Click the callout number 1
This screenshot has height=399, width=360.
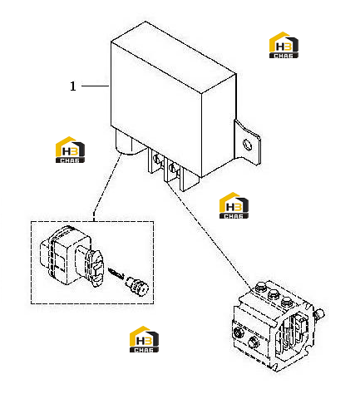(73, 86)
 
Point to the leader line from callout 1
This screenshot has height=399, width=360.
(96, 86)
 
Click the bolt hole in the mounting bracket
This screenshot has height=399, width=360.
(247, 145)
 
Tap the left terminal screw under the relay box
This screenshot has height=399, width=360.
(156, 159)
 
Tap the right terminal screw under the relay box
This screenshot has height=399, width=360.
(173, 167)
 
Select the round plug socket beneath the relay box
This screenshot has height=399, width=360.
(128, 143)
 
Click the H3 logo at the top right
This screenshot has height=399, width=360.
(284, 45)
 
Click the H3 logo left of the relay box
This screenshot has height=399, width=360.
(70, 150)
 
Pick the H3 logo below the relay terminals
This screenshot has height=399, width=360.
(234, 205)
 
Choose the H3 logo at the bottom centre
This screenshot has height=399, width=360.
(144, 339)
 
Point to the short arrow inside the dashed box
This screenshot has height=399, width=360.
(116, 273)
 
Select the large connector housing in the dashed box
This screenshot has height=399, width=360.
(72, 256)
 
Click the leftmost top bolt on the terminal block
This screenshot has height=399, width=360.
(260, 287)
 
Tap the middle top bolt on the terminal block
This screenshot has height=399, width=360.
(274, 293)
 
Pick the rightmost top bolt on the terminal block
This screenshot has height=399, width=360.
(286, 301)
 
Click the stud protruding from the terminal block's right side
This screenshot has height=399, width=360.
(319, 313)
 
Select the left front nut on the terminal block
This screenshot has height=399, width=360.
(238, 332)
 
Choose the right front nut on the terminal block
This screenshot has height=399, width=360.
(254, 342)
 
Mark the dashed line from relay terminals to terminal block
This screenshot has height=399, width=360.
(210, 235)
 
